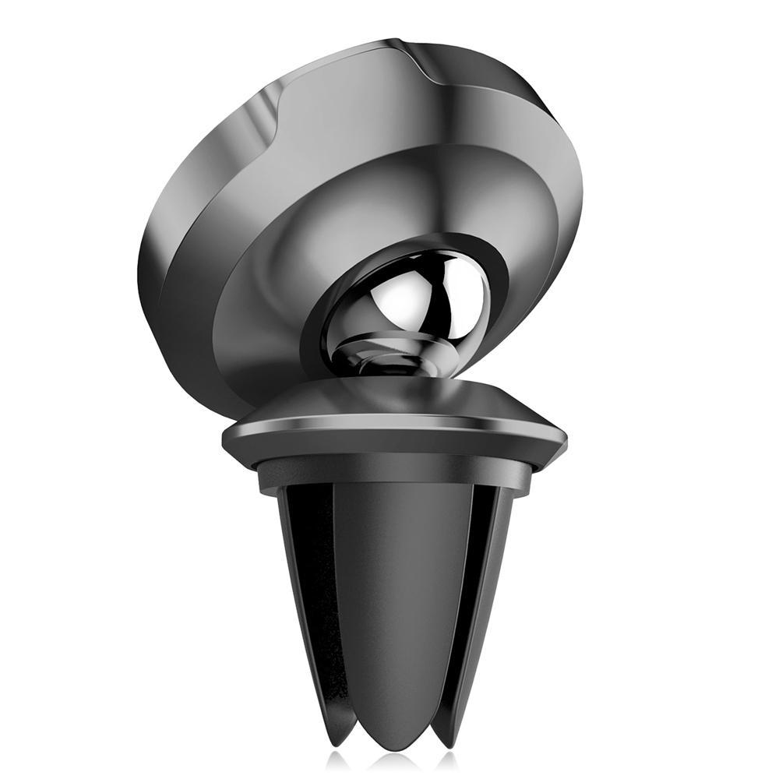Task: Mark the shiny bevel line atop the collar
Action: [389, 425]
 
